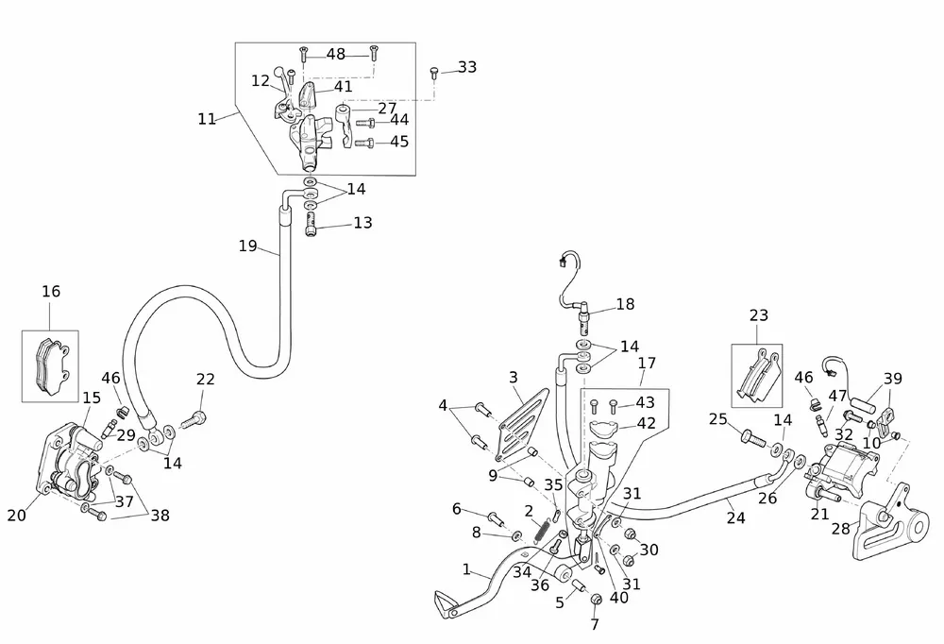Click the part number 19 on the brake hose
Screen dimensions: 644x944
247,246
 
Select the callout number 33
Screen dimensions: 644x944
466,67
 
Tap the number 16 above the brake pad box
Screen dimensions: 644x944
50,292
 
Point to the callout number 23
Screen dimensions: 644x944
759,315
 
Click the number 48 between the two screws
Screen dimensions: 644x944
336,54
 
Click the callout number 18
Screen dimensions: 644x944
625,304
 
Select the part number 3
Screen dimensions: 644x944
513,378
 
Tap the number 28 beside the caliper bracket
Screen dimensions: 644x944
840,529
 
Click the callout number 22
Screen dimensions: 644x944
205,379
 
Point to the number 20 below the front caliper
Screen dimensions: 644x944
17,515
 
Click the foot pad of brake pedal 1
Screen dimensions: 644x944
447,602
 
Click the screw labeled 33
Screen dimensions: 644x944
433,71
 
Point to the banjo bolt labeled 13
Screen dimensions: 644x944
311,224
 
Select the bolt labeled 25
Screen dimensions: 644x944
749,437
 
